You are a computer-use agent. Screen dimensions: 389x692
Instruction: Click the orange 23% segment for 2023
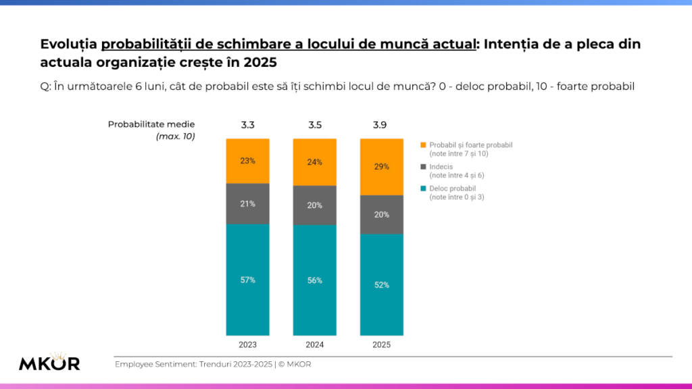pos(247,161)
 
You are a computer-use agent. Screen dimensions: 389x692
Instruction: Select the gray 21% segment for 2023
pos(247,203)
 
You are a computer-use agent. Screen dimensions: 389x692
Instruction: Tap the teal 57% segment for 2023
pos(247,280)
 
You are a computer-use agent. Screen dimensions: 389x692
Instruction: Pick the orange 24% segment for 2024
pos(314,162)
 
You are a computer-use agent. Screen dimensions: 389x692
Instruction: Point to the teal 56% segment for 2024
pos(314,280)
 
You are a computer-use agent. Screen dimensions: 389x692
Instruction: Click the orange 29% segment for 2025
pos(382,167)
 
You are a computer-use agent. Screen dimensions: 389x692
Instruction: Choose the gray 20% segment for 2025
pos(382,215)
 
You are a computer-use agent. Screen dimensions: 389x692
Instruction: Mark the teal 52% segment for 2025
pos(382,285)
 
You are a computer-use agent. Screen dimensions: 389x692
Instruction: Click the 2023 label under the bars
pos(247,344)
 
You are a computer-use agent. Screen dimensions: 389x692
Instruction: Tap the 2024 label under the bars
pos(314,344)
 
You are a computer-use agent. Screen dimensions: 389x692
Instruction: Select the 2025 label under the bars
pos(382,344)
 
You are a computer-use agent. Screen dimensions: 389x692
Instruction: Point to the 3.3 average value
pos(247,125)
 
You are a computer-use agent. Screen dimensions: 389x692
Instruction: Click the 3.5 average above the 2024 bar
pos(314,125)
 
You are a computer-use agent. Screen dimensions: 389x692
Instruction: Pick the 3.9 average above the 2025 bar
pos(382,125)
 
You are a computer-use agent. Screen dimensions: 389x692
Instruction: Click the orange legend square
pos(423,145)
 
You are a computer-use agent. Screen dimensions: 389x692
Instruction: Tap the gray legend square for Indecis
pos(423,166)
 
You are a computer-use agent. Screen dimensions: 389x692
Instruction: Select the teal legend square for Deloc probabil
pos(423,188)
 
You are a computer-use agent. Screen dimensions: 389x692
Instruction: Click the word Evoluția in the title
pos(68,45)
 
